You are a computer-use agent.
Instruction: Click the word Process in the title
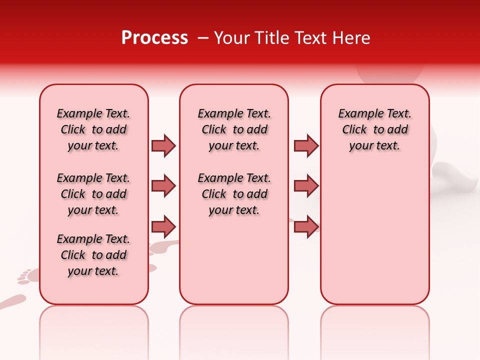154,38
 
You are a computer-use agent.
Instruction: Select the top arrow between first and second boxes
163,145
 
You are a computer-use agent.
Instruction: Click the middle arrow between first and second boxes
163,186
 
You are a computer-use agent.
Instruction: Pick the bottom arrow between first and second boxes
163,227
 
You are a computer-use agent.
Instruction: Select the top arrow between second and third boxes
306,145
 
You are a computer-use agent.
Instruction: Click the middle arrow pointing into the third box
306,186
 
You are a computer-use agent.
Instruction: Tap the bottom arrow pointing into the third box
306,227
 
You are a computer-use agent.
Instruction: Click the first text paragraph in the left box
93,129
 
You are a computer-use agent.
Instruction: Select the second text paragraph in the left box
93,194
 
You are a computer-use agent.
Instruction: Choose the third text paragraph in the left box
93,255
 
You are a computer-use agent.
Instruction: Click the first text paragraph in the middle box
234,129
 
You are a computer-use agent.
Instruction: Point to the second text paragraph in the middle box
234,194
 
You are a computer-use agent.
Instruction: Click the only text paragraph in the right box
374,129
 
